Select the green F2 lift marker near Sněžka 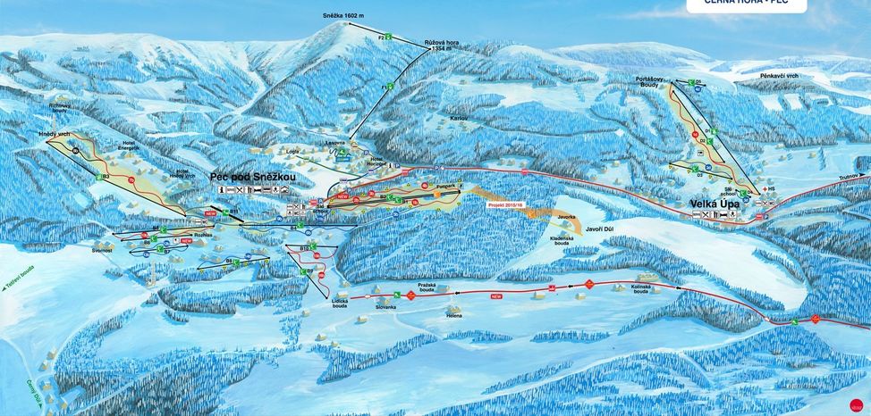point(381,37)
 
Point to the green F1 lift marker point(386,87)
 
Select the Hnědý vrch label point(54,133)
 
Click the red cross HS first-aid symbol point(757,191)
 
